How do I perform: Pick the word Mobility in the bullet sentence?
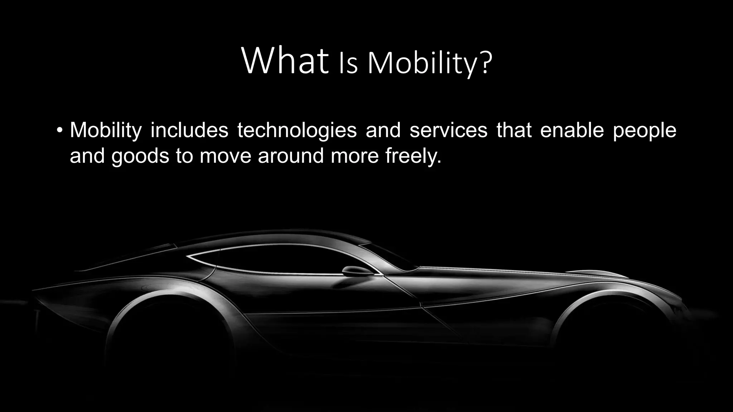tap(106, 131)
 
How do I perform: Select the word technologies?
tap(297, 131)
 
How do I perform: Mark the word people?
tap(644, 131)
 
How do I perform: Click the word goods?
tap(140, 157)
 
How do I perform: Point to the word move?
tap(225, 157)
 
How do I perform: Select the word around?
tap(291, 156)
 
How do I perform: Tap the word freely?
tap(413, 157)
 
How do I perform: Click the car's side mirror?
tap(356, 271)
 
